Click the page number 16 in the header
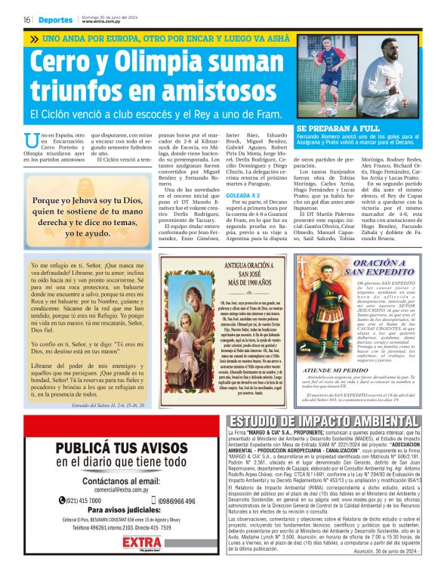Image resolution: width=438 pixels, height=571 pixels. pos(26,19)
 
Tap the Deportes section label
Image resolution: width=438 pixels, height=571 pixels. pos(57,19)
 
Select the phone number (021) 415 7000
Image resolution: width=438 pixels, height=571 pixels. pos(74,501)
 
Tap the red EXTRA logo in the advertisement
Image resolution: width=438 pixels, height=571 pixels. pos(110,544)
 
